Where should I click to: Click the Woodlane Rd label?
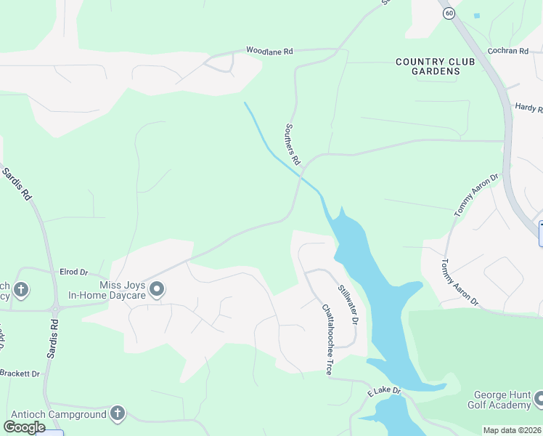point(269,51)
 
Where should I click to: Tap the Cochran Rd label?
point(508,51)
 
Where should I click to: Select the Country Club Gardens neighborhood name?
point(436,66)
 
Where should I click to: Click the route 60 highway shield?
point(450,13)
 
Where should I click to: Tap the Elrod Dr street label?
point(73,272)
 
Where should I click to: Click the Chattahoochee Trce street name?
point(327,339)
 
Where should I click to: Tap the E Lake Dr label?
point(385,392)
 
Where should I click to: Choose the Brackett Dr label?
point(20,373)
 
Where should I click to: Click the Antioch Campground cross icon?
point(118,413)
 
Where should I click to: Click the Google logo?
point(25,427)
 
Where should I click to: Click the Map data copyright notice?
point(513,430)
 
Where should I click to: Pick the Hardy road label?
point(528,108)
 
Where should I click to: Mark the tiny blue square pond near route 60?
point(477,15)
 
